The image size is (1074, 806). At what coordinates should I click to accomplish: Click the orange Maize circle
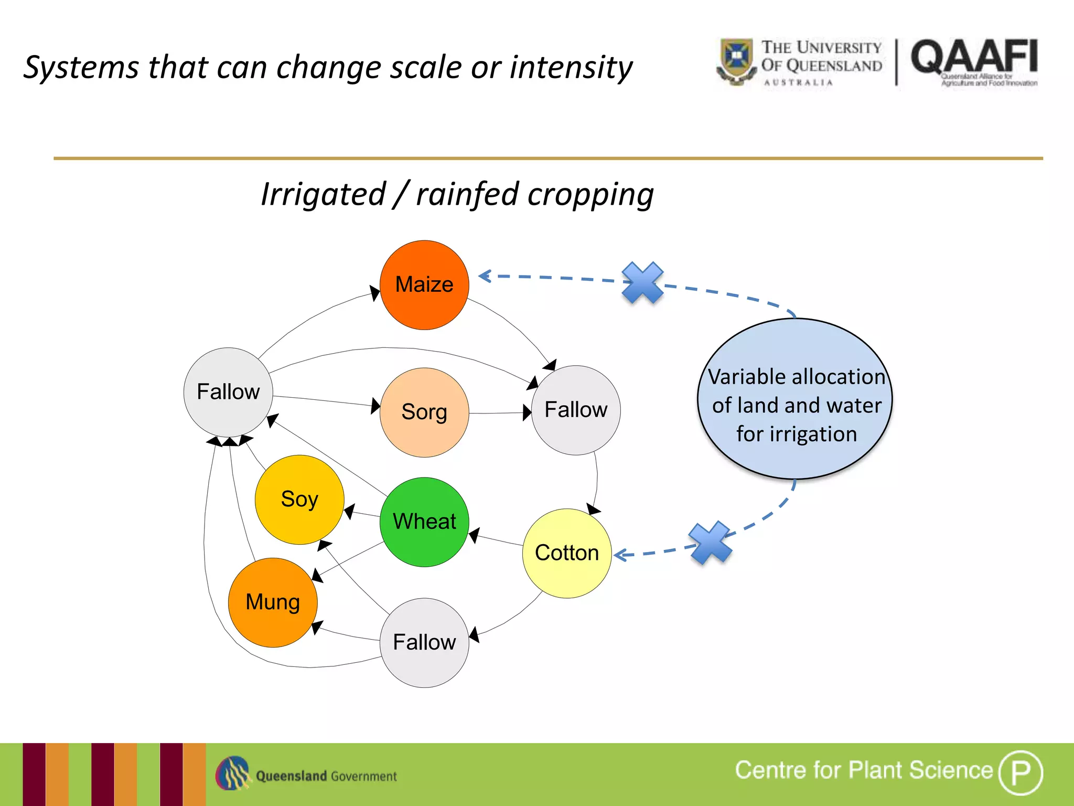point(424,285)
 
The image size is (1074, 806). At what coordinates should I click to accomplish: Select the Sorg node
point(424,412)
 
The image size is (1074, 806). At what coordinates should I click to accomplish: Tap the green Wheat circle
point(424,522)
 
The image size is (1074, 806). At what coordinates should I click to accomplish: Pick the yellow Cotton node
point(567,553)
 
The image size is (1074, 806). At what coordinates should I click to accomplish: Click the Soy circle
point(299,500)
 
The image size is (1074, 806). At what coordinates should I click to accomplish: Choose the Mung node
point(273,602)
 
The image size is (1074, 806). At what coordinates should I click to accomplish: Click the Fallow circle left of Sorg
point(228,392)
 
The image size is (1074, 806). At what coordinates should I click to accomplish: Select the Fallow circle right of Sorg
point(576,410)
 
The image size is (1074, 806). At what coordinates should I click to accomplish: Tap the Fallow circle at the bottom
point(424,643)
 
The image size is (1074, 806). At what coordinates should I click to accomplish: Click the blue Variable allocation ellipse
point(795,399)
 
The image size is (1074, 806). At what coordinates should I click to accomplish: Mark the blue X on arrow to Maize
point(642,283)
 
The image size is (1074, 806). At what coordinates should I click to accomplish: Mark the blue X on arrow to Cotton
point(710,543)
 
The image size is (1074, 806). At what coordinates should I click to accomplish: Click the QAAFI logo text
point(974,57)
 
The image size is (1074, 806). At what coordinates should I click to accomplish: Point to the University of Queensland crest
point(736,60)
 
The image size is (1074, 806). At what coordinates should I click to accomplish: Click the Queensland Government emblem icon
point(232,773)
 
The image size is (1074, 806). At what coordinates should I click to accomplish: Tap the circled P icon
point(1020,772)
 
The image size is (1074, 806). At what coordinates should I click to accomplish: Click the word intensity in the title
point(571,68)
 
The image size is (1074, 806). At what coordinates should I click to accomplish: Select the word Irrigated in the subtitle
point(323,195)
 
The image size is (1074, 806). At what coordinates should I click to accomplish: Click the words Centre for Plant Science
point(863,770)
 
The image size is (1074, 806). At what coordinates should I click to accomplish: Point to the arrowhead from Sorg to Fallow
point(527,412)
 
